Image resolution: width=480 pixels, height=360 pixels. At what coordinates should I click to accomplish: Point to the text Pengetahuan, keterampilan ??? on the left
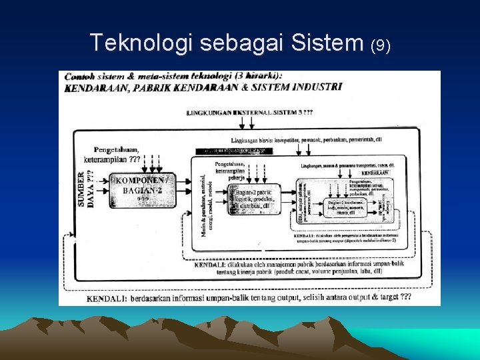point(113,155)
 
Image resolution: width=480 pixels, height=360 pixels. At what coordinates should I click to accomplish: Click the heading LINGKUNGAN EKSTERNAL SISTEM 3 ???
point(250,113)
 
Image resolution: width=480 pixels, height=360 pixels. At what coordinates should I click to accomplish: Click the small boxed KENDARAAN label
point(377,173)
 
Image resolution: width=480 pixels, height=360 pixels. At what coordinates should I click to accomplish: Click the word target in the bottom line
point(387,297)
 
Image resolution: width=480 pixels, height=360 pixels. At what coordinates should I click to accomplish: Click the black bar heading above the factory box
point(231,151)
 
